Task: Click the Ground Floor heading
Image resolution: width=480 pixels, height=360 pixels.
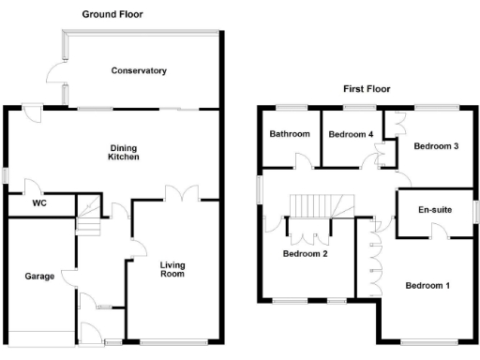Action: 112,15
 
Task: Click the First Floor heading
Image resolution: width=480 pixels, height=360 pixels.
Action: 366,89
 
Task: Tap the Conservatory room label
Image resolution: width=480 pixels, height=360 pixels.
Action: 138,70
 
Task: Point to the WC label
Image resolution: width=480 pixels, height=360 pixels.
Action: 39,203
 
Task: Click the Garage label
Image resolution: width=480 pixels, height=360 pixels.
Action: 38,277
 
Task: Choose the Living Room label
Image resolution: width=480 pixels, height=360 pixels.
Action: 172,269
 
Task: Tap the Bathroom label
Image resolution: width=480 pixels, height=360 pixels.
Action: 290,134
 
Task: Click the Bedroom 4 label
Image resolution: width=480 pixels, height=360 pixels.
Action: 351,135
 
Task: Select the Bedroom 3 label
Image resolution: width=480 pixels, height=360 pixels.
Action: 436,146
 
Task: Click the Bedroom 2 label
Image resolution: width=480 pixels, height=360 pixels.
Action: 305,253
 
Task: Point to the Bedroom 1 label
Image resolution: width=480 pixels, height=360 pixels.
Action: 427,285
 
